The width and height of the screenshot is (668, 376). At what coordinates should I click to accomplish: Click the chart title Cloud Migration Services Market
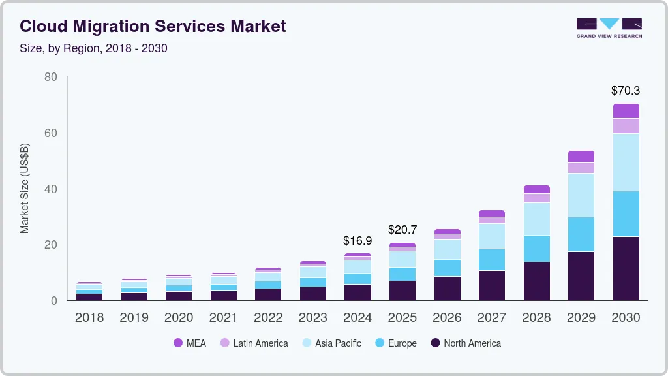point(153,27)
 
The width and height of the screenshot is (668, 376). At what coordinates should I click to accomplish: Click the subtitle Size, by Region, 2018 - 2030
point(93,48)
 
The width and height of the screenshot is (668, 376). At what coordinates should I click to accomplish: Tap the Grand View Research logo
point(609,27)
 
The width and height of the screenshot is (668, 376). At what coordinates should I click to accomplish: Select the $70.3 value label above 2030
point(626,91)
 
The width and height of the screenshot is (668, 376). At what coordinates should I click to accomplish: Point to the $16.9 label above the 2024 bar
point(357,241)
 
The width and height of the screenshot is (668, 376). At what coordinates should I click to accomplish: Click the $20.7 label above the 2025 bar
point(402,230)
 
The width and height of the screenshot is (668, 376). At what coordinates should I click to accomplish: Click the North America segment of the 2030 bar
point(626,268)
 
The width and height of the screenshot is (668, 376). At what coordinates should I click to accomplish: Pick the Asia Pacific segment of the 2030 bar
point(626,162)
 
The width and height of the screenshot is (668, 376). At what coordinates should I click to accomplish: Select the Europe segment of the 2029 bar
point(581,234)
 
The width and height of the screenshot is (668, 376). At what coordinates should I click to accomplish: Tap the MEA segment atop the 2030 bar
point(626,110)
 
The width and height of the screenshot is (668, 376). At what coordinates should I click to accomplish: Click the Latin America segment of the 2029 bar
point(581,167)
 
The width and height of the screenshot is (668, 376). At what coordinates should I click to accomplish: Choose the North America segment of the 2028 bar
point(536,281)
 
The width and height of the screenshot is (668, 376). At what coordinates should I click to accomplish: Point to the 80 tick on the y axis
point(51,77)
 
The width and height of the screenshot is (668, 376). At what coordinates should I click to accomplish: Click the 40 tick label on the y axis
point(51,189)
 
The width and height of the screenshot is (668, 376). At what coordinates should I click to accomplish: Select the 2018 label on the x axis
point(89,318)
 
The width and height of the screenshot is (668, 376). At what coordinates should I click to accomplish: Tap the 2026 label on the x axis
point(447,318)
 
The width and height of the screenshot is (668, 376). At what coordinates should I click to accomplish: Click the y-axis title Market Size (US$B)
point(25,188)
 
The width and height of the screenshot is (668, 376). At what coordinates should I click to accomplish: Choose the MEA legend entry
point(189,343)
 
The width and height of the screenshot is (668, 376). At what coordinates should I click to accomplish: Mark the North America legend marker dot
point(435,343)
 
